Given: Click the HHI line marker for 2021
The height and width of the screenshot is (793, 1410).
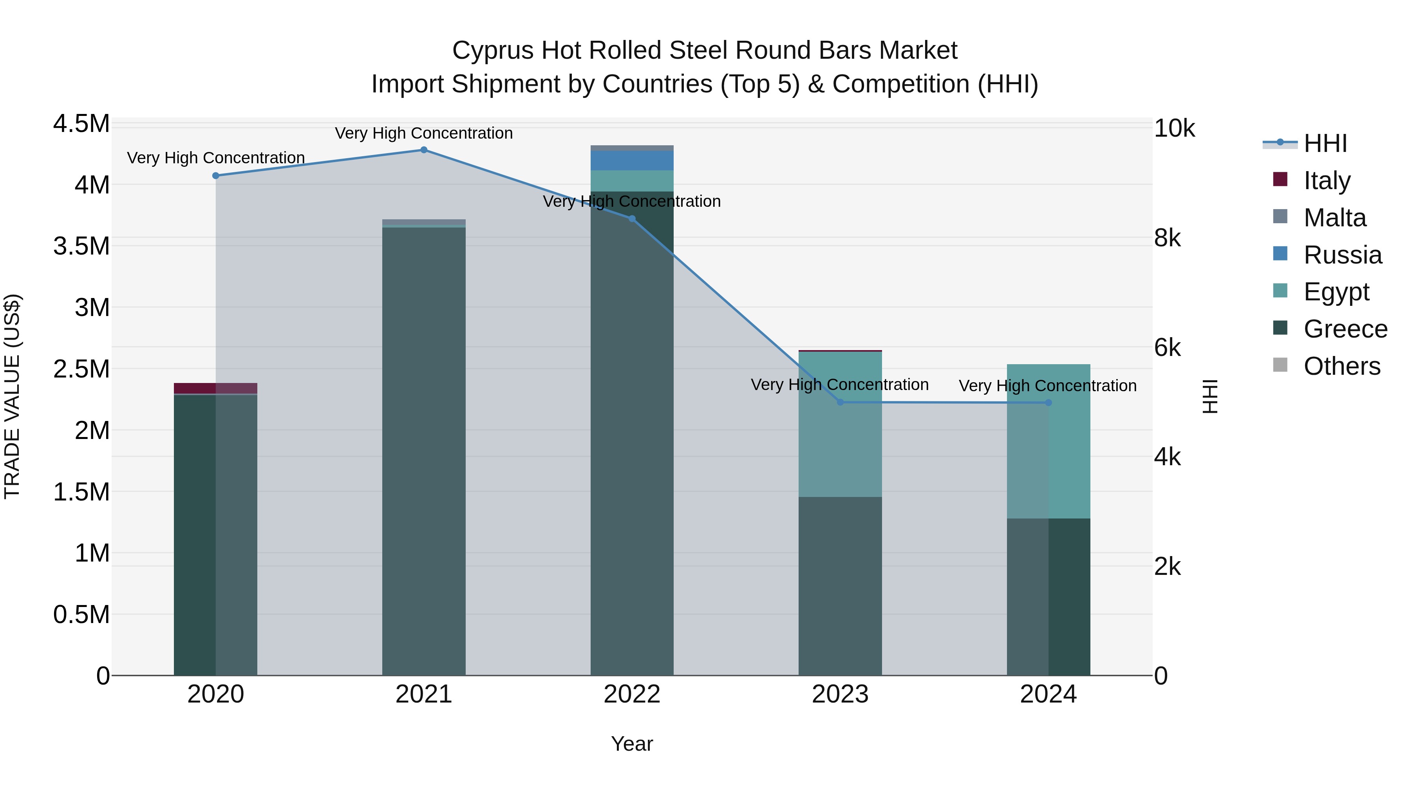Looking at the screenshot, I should pyautogui.click(x=424, y=150).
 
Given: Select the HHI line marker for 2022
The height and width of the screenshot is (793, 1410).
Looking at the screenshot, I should pyautogui.click(x=632, y=219).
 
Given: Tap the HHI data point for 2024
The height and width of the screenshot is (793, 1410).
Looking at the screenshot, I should pyautogui.click(x=1048, y=403).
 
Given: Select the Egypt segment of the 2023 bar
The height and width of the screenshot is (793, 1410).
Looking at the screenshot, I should pyautogui.click(x=840, y=424).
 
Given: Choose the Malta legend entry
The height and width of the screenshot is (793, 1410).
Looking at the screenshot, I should pyautogui.click(x=1334, y=218).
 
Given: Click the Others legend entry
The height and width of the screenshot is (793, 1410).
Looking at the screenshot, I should pyautogui.click(x=1341, y=366).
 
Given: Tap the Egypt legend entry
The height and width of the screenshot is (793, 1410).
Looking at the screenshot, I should pyautogui.click(x=1336, y=292).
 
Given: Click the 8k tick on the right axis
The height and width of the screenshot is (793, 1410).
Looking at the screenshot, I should pyautogui.click(x=1167, y=238).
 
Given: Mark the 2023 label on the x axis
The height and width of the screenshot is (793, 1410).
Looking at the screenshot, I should pyautogui.click(x=840, y=694).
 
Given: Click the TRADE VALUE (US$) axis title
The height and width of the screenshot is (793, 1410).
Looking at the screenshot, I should pyautogui.click(x=13, y=396).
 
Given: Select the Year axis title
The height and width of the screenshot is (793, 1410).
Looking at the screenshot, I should pyautogui.click(x=632, y=744).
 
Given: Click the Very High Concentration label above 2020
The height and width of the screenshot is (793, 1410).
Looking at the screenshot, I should pyautogui.click(x=216, y=157).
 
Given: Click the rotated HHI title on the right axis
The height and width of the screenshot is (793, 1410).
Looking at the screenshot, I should pyautogui.click(x=1210, y=396).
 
